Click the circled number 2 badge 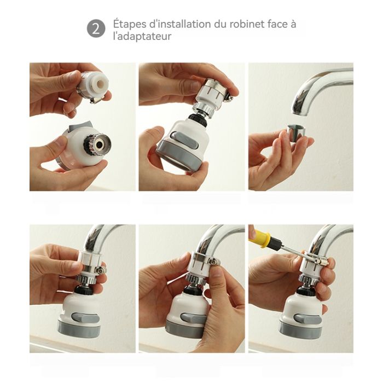[96, 28]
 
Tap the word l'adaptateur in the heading [142, 37]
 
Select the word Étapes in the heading [130, 25]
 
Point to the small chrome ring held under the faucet [297, 131]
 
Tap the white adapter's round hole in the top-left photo [100, 84]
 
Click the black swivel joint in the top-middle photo [199, 119]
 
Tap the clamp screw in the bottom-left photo [100, 270]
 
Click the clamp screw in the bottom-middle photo [212, 262]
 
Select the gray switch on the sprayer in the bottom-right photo [307, 319]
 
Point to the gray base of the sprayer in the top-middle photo [180, 155]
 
